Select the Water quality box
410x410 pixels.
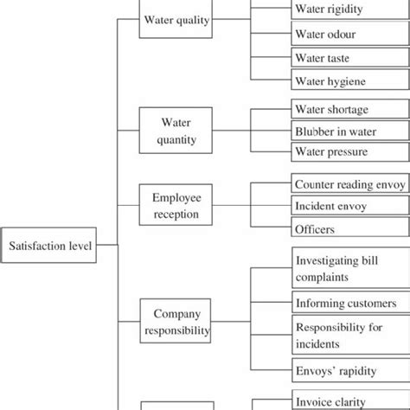175,21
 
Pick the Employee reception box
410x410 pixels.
175,205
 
